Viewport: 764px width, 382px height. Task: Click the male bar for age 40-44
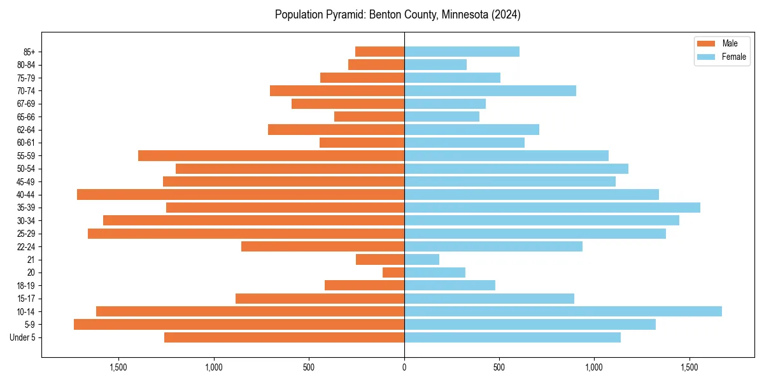click(x=241, y=194)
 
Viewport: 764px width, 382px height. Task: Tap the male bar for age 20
click(x=393, y=272)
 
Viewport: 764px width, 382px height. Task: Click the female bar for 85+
click(x=462, y=52)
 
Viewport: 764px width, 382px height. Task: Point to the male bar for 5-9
click(x=239, y=325)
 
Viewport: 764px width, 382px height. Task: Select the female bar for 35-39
click(x=552, y=208)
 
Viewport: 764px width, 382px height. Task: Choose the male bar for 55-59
click(x=271, y=155)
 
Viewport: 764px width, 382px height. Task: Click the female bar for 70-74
click(x=490, y=90)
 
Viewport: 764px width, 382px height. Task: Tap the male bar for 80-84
click(x=376, y=64)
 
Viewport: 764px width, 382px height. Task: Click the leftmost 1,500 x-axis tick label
click(x=118, y=367)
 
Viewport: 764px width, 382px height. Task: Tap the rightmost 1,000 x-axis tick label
click(x=594, y=367)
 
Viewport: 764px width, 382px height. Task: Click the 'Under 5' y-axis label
click(x=22, y=337)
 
